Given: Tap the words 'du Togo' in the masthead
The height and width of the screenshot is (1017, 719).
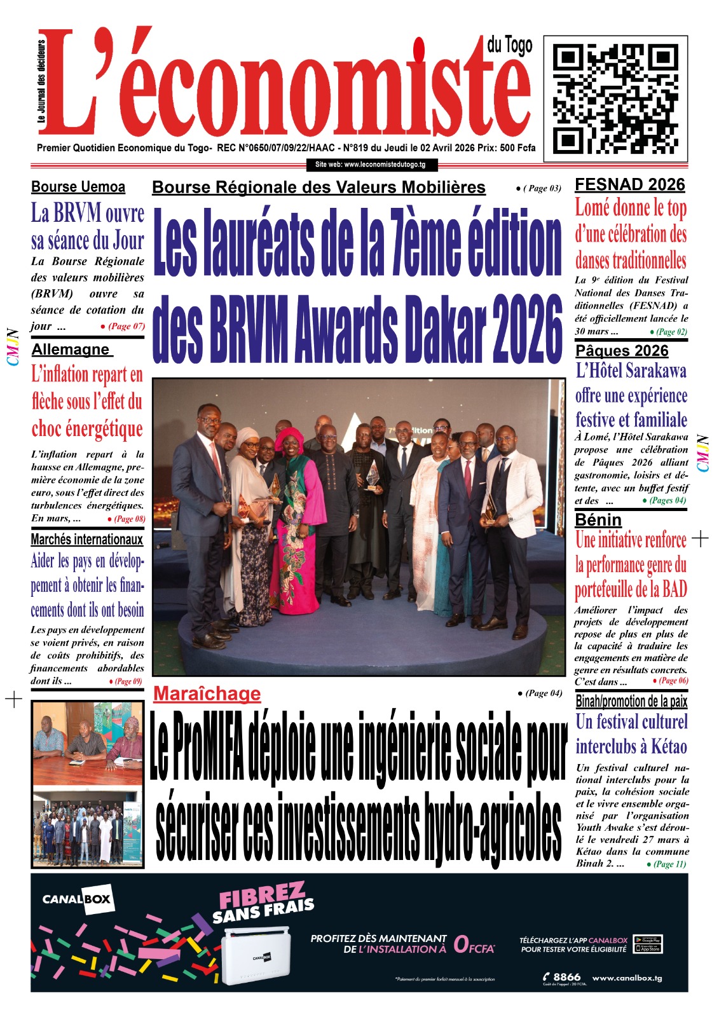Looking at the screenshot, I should click(x=510, y=45).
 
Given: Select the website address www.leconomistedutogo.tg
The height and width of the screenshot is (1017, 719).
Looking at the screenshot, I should click(x=371, y=165).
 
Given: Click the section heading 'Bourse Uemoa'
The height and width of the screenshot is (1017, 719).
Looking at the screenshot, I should click(x=78, y=187).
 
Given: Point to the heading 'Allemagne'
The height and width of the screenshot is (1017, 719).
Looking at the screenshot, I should click(x=71, y=350).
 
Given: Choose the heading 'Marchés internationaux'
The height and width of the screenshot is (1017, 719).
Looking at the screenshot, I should click(x=87, y=540).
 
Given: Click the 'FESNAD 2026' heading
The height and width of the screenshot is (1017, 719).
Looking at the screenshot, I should click(x=629, y=185).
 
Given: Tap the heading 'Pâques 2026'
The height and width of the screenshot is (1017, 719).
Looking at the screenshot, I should click(x=622, y=351).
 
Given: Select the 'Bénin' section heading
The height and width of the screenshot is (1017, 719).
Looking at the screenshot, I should click(x=598, y=520).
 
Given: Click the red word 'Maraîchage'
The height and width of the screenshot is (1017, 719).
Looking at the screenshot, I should click(x=207, y=693).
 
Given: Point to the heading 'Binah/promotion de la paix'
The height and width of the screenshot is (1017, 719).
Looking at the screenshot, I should click(x=631, y=701).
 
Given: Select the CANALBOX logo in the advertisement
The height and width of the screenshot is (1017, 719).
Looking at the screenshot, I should click(x=77, y=899).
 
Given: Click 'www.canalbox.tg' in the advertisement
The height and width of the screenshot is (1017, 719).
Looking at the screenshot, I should click(x=627, y=978).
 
